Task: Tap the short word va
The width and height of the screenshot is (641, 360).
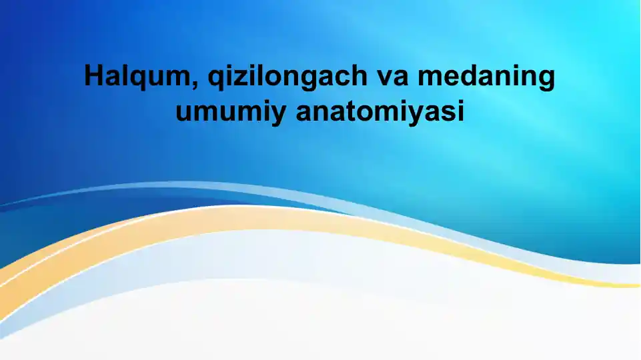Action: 392,77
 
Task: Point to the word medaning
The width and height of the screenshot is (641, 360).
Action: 486,78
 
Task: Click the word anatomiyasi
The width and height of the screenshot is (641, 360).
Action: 380,111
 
